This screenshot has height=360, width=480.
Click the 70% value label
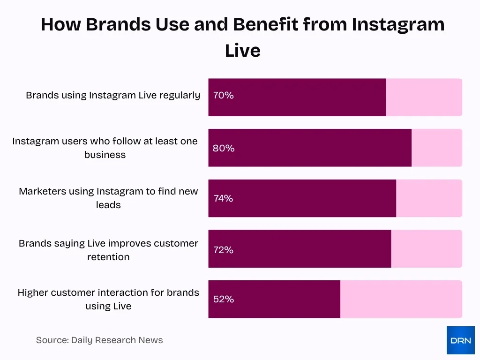(x=223, y=95)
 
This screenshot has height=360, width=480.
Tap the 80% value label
(x=223, y=148)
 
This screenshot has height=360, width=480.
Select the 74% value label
(x=223, y=198)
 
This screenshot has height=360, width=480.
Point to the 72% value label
(x=223, y=250)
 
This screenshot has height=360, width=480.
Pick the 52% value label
(x=223, y=299)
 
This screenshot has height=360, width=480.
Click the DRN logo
(x=460, y=340)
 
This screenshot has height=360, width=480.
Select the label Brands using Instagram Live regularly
(x=113, y=95)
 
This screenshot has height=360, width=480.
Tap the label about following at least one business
(x=105, y=148)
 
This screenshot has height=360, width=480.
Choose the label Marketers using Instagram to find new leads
(x=108, y=198)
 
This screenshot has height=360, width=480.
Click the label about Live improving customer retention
(x=108, y=250)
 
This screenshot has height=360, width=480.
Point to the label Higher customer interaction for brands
(x=108, y=299)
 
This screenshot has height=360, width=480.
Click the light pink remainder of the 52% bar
(x=401, y=299)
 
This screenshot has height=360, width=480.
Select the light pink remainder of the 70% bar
(x=424, y=97)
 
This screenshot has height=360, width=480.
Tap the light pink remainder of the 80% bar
(x=436, y=148)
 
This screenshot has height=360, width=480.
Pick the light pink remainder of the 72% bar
(x=426, y=249)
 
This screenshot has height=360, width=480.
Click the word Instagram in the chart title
(x=398, y=24)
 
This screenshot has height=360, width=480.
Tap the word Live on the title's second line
(x=242, y=51)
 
